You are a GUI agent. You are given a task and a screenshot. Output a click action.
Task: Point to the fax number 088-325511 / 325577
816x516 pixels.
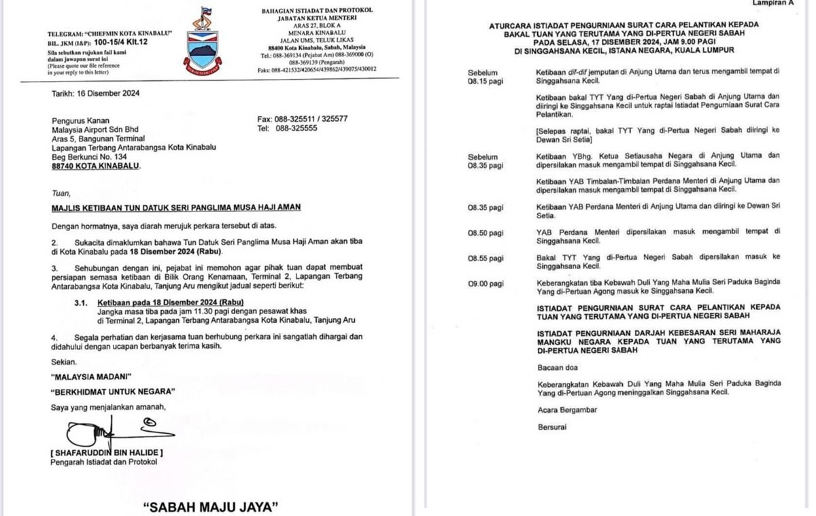[x=303, y=119]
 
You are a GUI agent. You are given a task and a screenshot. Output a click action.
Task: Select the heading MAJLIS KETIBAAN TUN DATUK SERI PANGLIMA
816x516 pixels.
[x=175, y=207]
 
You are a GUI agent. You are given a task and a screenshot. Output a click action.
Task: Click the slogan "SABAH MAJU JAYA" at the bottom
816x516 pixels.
[x=212, y=507]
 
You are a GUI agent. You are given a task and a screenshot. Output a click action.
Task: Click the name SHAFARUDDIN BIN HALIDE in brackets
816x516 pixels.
[x=107, y=453]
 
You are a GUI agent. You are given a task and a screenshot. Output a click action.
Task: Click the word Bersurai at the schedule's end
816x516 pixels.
[x=551, y=428]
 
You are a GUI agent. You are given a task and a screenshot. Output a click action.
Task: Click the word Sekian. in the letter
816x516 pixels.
[x=64, y=362]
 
